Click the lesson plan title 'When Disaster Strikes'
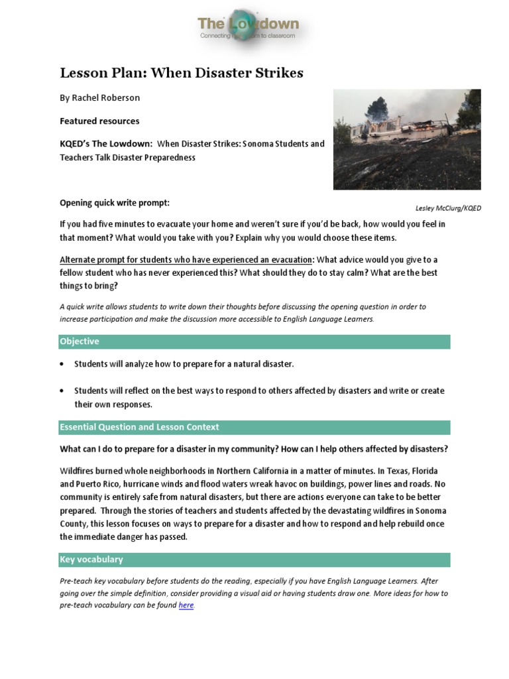182,73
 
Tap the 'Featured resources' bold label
99,121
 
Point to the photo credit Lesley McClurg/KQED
447,208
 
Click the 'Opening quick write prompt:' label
119,202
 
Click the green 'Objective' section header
80,341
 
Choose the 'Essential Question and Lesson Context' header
139,427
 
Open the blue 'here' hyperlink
186,605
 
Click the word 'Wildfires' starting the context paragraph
78,471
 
